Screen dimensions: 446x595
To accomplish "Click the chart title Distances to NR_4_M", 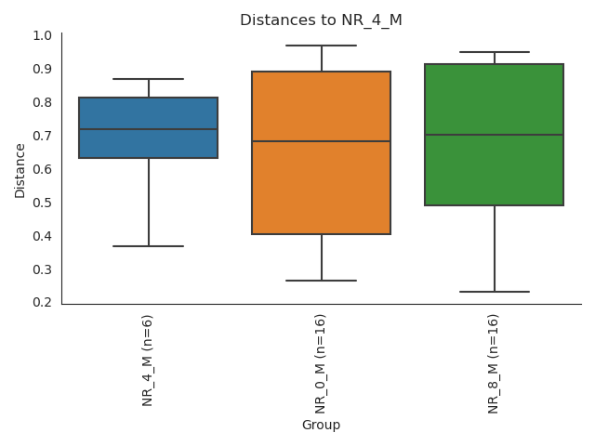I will (321, 20).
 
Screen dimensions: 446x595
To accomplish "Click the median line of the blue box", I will (149, 129).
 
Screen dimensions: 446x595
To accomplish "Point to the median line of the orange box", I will (321, 141).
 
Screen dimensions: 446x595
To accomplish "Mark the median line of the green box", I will (494, 135).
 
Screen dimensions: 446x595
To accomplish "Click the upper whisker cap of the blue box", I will (149, 79).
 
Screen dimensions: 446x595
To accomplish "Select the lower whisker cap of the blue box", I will (149, 246).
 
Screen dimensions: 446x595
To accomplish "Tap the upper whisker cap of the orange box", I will (321, 46).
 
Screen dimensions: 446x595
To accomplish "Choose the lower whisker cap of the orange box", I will (321, 281).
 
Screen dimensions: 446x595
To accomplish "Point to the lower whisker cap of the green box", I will (494, 292).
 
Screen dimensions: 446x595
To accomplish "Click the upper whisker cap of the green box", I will (494, 52).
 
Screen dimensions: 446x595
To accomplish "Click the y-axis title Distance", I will (20, 169).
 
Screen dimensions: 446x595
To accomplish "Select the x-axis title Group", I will (321, 425).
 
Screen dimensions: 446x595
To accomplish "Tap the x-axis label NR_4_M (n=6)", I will (148, 360).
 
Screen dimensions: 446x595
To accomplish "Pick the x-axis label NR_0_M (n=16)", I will (321, 363).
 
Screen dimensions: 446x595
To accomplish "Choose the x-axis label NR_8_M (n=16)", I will (494, 363).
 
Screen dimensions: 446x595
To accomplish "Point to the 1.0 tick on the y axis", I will (42, 35).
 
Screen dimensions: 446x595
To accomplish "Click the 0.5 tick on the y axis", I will (42, 203).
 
